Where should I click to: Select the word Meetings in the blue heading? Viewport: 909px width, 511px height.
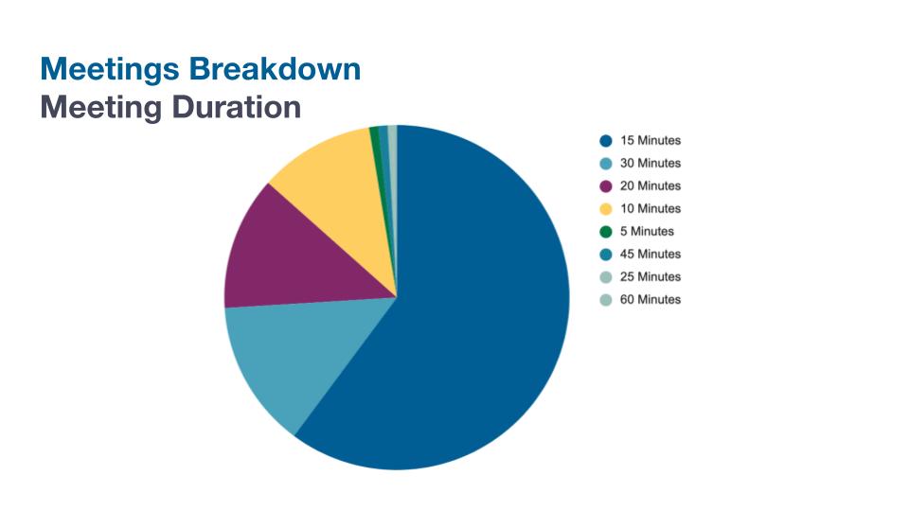tap(110, 69)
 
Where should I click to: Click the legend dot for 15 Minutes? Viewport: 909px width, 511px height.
tap(605, 141)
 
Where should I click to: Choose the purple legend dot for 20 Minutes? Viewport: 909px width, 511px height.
tap(605, 186)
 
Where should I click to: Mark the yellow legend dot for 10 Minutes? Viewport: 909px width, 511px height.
tap(605, 209)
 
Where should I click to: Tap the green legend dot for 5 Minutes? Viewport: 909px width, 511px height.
tap(605, 232)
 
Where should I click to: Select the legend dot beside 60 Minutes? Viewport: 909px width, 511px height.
tap(605, 300)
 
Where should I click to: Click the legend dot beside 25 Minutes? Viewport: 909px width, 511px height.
tap(605, 277)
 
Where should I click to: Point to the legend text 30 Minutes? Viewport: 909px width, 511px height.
tap(651, 164)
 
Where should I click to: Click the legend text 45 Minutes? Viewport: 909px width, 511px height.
tap(651, 255)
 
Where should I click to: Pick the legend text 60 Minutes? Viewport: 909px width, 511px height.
tap(651, 300)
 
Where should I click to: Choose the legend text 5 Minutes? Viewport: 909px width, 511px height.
tap(647, 232)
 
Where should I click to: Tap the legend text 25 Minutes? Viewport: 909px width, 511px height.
tap(651, 277)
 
